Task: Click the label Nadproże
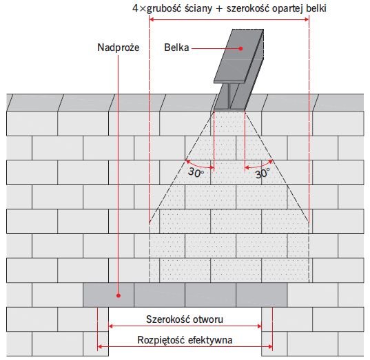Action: (119, 48)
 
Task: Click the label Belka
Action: (176, 47)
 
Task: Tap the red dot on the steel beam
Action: (240, 49)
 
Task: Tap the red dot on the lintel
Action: (119, 295)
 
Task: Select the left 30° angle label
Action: (196, 172)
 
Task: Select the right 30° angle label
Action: (262, 173)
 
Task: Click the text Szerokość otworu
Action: (185, 319)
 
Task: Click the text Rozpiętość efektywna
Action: (185, 340)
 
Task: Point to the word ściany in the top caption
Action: (198, 8)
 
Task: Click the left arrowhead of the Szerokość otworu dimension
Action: (110, 326)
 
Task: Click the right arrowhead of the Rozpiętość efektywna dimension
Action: (270, 346)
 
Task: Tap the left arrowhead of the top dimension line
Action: (152, 19)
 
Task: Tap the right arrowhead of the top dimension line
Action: (307, 19)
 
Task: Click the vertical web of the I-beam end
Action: (229, 96)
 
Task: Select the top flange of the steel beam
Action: (239, 56)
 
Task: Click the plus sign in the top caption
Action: (219, 9)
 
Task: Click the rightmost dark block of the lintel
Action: (262, 295)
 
